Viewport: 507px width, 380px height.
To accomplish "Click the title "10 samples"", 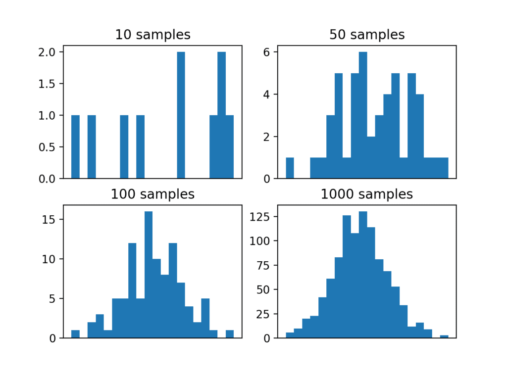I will click(x=152, y=35).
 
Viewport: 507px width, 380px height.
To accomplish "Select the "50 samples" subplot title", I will click(x=367, y=35).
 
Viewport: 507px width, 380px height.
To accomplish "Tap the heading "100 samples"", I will click(x=152, y=194).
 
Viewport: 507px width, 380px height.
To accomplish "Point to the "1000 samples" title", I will click(x=367, y=194).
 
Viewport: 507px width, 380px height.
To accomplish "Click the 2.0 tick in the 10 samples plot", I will click(x=49, y=52).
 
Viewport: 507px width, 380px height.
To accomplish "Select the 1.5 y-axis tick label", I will click(x=49, y=84).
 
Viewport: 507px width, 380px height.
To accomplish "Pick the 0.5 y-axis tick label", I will click(x=49, y=147).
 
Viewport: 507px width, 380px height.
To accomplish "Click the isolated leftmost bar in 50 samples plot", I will click(x=290, y=168).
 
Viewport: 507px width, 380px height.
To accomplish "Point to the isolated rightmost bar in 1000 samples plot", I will click(x=444, y=336).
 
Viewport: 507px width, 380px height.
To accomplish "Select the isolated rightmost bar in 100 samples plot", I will click(x=230, y=334).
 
